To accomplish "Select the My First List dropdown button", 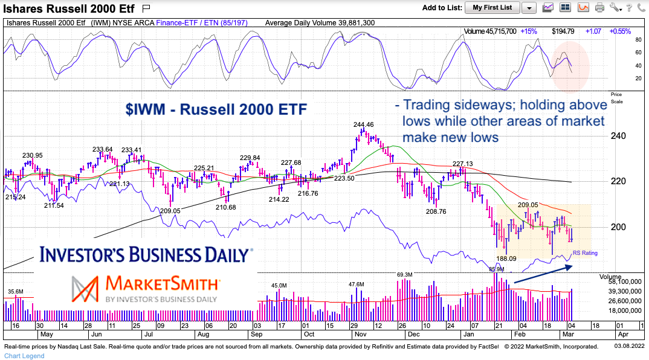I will pos(492,7).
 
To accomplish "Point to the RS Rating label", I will pos(584,253).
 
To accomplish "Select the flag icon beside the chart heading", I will pos(145,8).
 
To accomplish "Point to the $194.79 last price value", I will pos(563,31).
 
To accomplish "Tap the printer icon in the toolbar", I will pos(599,7).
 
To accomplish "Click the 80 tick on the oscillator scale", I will pos(621,40).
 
